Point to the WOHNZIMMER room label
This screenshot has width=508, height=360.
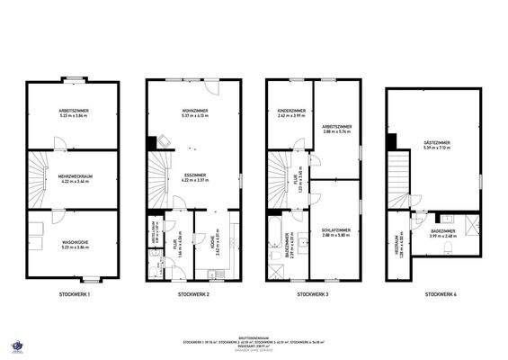coord(193,112)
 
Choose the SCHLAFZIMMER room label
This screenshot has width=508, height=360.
coord(336,232)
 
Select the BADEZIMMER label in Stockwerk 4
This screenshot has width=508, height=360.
coord(444,233)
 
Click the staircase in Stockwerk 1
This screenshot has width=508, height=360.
coord(38,175)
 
